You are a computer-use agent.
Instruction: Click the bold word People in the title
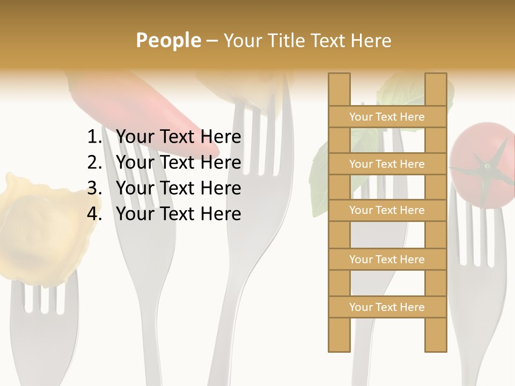point(168,40)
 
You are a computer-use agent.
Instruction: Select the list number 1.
point(94,137)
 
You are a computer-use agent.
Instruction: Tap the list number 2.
point(94,162)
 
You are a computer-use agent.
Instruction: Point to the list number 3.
point(94,188)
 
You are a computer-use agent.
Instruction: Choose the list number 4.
point(94,214)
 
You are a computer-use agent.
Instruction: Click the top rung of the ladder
point(387,117)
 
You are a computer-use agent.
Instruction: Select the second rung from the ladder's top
point(387,164)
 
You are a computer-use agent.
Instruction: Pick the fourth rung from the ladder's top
point(387,259)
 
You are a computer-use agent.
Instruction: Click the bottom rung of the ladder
point(387,307)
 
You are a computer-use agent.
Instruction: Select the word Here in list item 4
point(220,214)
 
